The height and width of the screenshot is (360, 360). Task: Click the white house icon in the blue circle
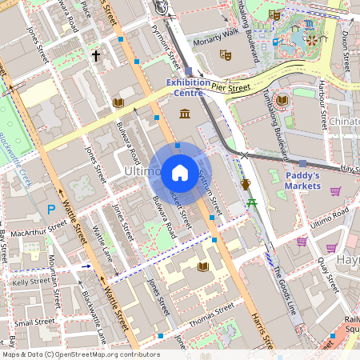pos(180,172)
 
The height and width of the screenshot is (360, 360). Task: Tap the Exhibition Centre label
pos(188,87)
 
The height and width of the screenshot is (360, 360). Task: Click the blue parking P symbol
pos(51,210)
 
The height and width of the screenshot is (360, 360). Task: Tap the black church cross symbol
pos(96,56)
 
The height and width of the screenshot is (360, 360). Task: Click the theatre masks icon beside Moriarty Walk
pos(226,55)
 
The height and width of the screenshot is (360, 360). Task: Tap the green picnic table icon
pos(251,204)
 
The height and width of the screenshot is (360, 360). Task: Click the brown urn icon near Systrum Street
pos(246,185)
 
